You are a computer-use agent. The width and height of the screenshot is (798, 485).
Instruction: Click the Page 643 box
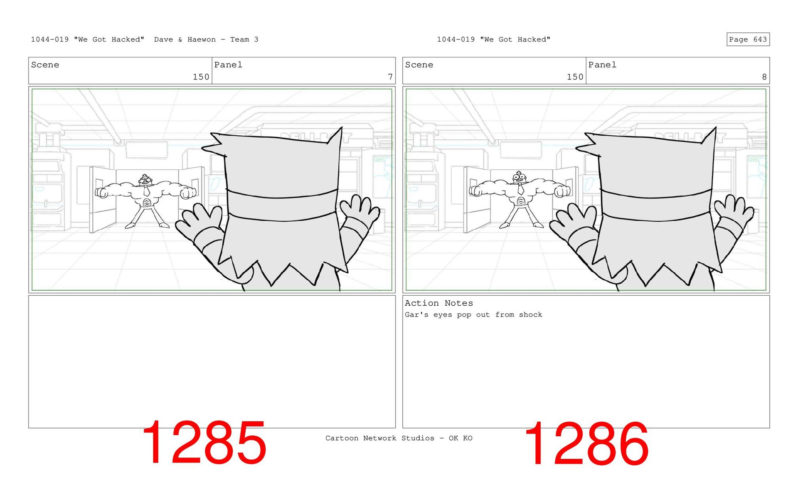[x=748, y=39]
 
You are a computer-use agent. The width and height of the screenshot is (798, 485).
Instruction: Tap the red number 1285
[x=204, y=443]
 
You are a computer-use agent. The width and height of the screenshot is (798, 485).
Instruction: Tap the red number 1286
[x=586, y=443]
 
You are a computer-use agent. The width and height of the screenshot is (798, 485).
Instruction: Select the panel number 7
[x=390, y=77]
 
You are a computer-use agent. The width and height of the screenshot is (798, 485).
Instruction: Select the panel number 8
[x=764, y=77]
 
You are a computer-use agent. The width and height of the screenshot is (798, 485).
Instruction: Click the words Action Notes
[x=439, y=303]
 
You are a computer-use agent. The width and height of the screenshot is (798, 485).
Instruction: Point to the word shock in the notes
[x=530, y=315]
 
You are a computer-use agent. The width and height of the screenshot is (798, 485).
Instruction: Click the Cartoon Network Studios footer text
[x=399, y=438]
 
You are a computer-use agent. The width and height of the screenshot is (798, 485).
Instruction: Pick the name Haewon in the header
[x=202, y=40]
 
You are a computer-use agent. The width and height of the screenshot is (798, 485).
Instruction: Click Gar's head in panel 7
[x=144, y=181]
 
